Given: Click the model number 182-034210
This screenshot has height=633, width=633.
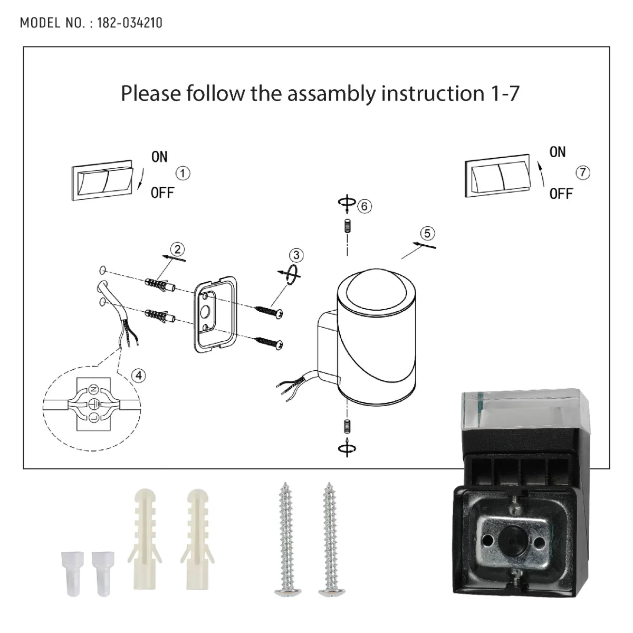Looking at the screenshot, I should pos(130,23).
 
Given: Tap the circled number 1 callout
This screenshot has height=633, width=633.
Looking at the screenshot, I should pos(183,173).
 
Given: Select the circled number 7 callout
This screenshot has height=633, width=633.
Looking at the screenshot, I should pos(583,172).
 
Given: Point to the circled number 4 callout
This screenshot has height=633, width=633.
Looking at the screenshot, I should pos(138,375).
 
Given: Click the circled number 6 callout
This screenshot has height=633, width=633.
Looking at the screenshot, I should pos(364,206).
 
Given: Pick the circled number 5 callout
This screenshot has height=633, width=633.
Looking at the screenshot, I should pos(428,233).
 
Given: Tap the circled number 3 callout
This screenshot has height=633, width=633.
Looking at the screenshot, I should pos(296,255).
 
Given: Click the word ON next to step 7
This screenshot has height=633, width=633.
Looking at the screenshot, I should pos(557,152).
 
